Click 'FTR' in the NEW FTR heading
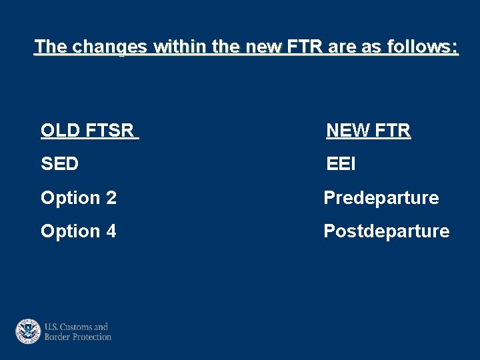pyautogui.click(x=393, y=131)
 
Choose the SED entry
pyautogui.click(x=59, y=164)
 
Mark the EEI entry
pyautogui.click(x=341, y=164)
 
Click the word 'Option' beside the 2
pyautogui.click(x=70, y=198)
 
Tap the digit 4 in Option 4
pyautogui.click(x=111, y=231)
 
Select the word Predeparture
pyautogui.click(x=381, y=198)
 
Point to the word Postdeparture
pyautogui.click(x=386, y=231)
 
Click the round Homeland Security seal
pyautogui.click(x=29, y=331)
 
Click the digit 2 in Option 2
pyautogui.click(x=111, y=198)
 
